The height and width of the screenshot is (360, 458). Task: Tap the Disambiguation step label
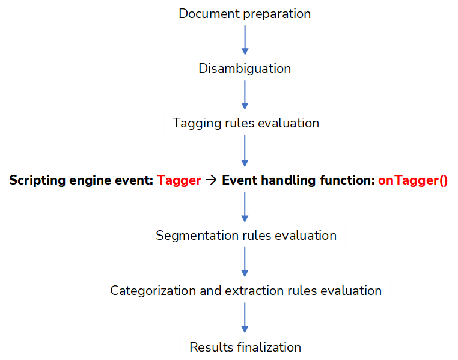[x=245, y=69]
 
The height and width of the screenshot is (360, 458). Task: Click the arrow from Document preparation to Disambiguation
[x=245, y=40]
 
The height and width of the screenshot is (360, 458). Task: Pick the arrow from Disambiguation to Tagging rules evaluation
[x=245, y=95]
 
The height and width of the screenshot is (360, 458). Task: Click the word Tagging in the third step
[x=197, y=123]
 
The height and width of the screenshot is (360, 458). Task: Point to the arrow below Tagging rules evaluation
[x=245, y=151]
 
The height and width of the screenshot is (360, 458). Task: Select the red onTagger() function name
[x=413, y=180]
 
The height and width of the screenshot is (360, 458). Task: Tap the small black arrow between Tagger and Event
[x=211, y=180]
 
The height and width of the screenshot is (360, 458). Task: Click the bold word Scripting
[x=37, y=180]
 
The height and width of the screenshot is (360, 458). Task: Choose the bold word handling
[x=289, y=180]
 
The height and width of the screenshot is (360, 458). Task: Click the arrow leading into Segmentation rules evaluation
[x=245, y=207]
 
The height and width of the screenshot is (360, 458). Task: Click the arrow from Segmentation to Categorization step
[x=245, y=262]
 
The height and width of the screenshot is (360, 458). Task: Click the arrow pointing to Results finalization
[x=245, y=318]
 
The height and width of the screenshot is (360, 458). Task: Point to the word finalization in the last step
[x=269, y=347]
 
